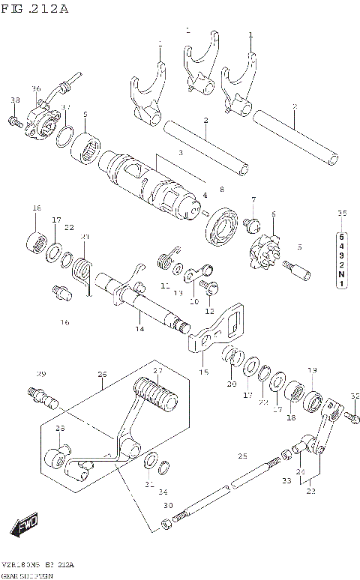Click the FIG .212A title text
pyautogui.click(x=35, y=9)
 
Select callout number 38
pyautogui.click(x=15, y=100)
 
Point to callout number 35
pyautogui.click(x=342, y=214)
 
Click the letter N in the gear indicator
pyautogui.click(x=341, y=274)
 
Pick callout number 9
pyautogui.click(x=85, y=115)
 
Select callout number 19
pyautogui.click(x=312, y=369)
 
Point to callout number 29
pyautogui.click(x=42, y=374)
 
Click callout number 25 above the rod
pyautogui.click(x=242, y=456)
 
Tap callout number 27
pyautogui.click(x=157, y=371)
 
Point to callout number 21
pyautogui.click(x=85, y=237)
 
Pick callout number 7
pyautogui.click(x=253, y=199)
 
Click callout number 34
pyautogui.click(x=163, y=492)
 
